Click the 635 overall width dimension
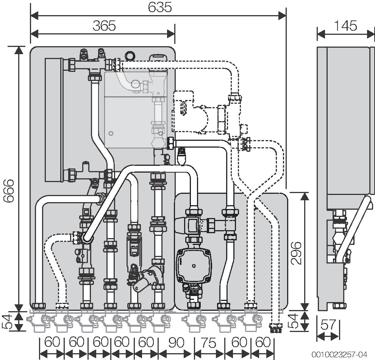(160, 7)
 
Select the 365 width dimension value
(104, 26)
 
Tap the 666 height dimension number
(9, 191)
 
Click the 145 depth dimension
(345, 26)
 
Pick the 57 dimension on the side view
(328, 325)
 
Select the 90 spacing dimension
(177, 342)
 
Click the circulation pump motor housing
(194, 265)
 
